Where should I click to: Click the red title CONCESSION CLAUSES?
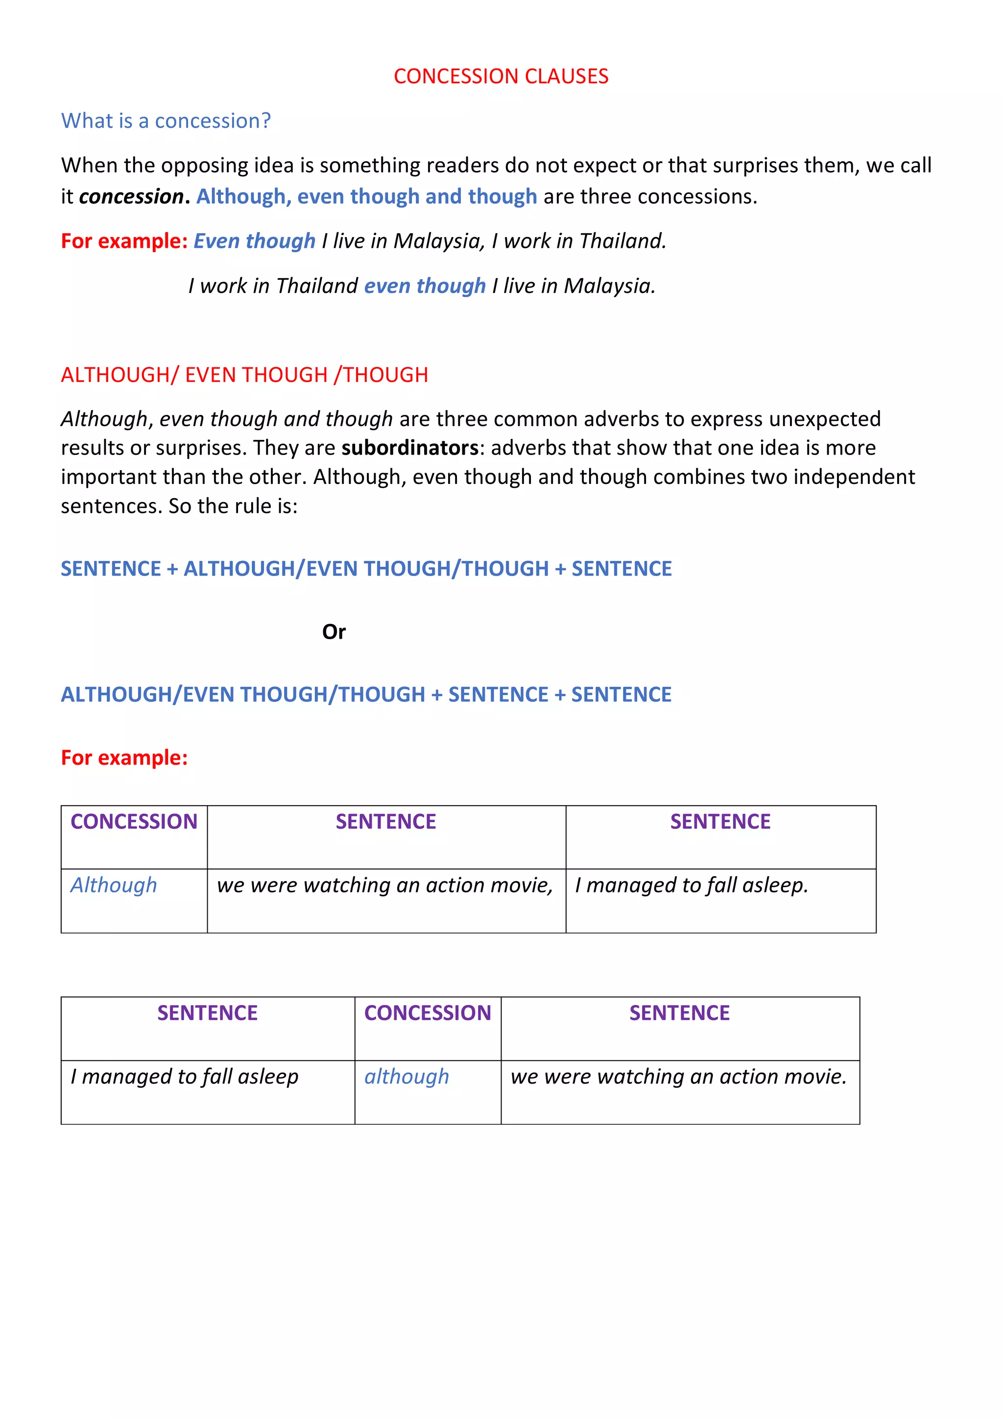coord(501,76)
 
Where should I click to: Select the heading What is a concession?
coord(166,120)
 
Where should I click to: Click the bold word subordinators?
coord(410,448)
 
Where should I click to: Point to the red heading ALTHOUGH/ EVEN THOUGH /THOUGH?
coord(244,375)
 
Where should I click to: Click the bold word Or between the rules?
coord(334,632)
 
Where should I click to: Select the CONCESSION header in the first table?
coord(134,821)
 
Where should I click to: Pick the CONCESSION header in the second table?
coord(427,1013)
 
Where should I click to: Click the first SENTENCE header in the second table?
coord(207,1013)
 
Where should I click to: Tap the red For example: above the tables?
coord(124,758)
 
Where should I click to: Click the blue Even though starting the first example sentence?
coord(254,241)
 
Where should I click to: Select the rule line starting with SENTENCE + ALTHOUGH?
coord(366,569)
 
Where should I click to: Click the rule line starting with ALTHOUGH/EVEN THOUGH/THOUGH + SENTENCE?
coord(366,695)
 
